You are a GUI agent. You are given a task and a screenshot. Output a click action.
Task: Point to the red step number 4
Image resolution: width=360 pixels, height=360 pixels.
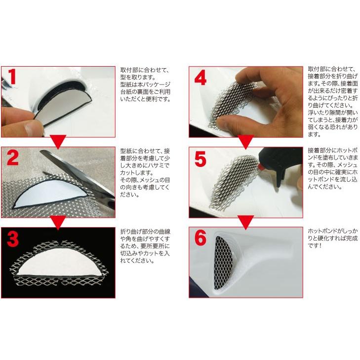[201, 80]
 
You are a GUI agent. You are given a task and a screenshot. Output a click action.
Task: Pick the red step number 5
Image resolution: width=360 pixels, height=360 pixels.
[201, 160]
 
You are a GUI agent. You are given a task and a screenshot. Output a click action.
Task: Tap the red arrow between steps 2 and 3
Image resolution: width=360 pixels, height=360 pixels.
[58, 221]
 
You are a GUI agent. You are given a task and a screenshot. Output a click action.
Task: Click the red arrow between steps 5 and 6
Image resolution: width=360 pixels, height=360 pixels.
[245, 221]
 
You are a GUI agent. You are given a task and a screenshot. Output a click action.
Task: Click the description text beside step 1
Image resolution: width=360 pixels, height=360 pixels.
[145, 84]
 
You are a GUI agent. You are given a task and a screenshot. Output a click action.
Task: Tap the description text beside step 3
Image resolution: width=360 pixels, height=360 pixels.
[145, 245]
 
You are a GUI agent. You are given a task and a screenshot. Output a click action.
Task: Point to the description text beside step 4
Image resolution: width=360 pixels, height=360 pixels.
[331, 101]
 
